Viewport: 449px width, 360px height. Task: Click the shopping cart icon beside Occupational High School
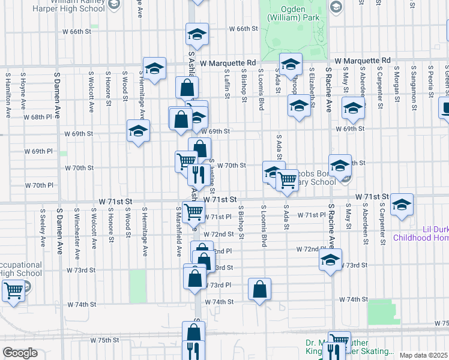pyautogui.click(x=13, y=291)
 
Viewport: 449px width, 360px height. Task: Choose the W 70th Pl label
pyautogui.click(x=40, y=185)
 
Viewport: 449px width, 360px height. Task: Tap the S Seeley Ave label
pyautogui.click(x=43, y=228)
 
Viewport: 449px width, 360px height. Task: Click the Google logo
pyautogui.click(x=20, y=353)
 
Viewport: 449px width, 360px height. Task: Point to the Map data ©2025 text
pyautogui.click(x=423, y=355)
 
